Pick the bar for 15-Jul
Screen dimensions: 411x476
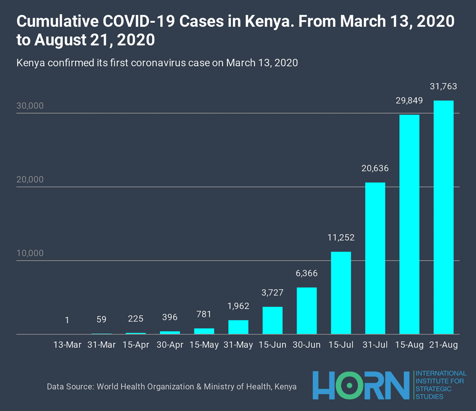pyautogui.click(x=341, y=293)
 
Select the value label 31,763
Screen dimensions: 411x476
pyautogui.click(x=443, y=87)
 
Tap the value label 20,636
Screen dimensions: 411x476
pyautogui.click(x=375, y=168)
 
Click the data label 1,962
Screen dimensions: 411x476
pyautogui.click(x=238, y=306)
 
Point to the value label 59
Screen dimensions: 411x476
pyautogui.click(x=101, y=320)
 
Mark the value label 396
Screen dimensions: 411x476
pyautogui.click(x=170, y=317)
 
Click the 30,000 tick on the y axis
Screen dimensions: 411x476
pyautogui.click(x=30, y=106)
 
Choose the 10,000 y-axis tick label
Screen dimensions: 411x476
pyautogui.click(x=30, y=254)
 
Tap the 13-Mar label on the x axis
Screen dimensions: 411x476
pyautogui.click(x=67, y=345)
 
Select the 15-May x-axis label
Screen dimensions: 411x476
pyautogui.click(x=204, y=345)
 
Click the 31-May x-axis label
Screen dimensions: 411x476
pyautogui.click(x=238, y=345)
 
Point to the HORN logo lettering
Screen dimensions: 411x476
pyautogui.click(x=361, y=385)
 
